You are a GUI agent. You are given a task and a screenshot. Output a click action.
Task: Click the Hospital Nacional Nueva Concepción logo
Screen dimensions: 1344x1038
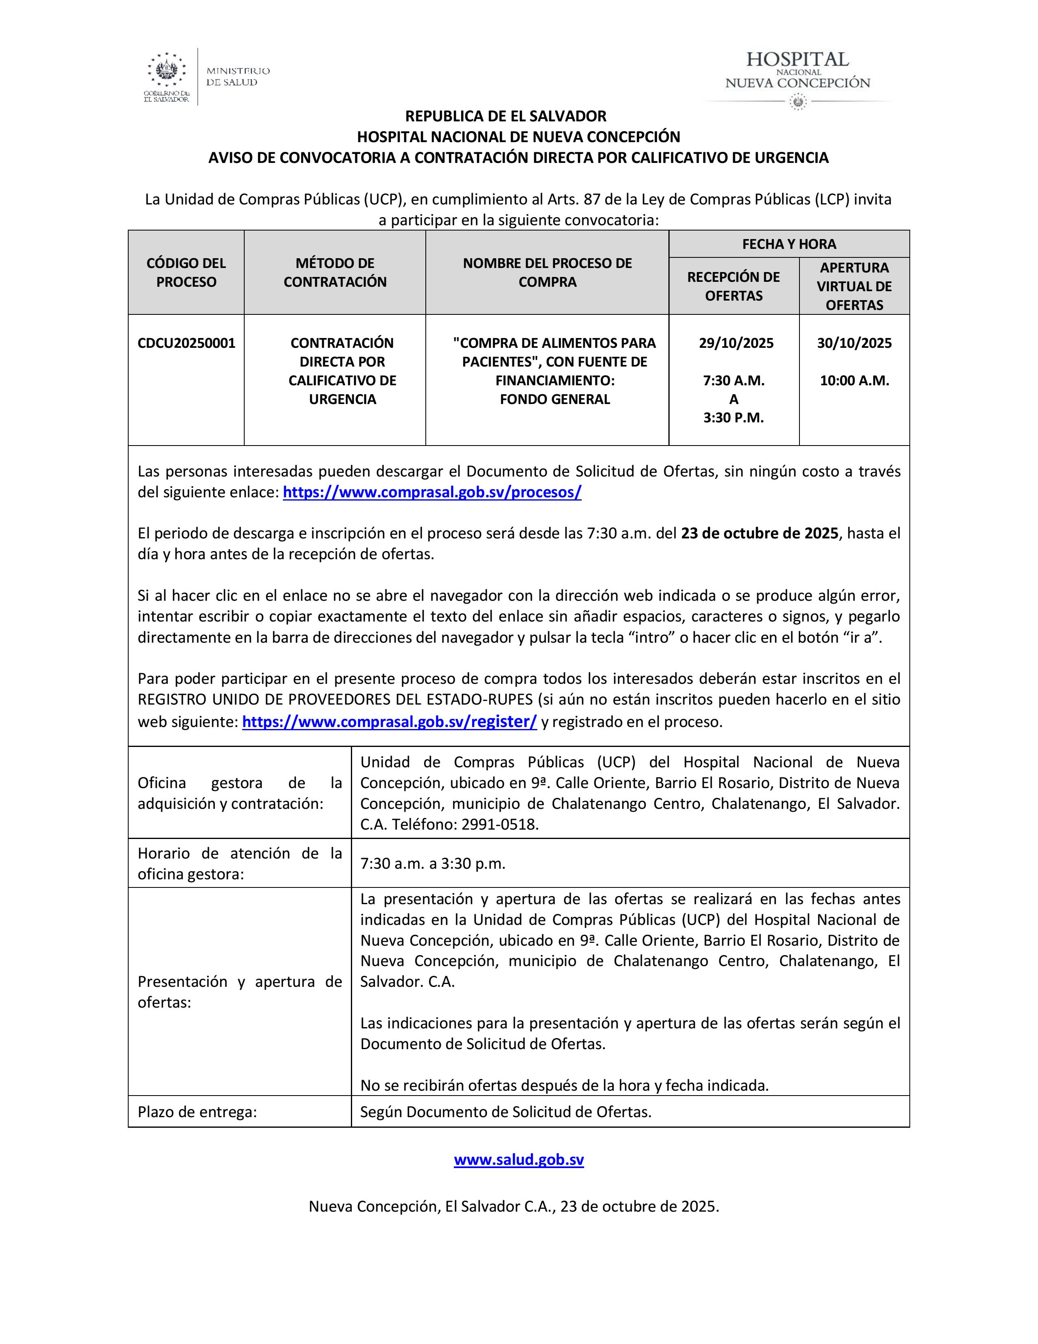pyautogui.click(x=797, y=77)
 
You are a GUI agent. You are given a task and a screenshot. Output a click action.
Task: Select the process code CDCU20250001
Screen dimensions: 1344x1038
pyautogui.click(x=186, y=343)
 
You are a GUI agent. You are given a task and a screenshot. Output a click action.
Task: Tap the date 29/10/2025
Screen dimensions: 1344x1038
pyautogui.click(x=736, y=343)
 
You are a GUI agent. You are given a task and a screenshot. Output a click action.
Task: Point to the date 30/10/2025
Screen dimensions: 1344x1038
pyautogui.click(x=854, y=343)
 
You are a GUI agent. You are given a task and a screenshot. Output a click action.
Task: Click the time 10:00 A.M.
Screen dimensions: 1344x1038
pyautogui.click(x=854, y=380)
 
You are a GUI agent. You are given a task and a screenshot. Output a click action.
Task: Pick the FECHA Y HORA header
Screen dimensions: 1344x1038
pyautogui.click(x=789, y=244)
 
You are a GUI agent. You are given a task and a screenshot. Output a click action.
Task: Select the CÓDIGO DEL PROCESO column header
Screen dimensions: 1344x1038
pyautogui.click(x=186, y=272)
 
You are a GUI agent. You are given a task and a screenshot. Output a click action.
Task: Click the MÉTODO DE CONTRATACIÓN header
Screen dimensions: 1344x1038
pyautogui.click(x=335, y=272)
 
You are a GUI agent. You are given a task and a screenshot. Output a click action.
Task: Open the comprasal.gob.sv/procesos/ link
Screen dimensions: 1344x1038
pyautogui.click(x=431, y=492)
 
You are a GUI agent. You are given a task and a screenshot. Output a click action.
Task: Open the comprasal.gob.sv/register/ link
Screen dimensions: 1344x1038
pyautogui.click(x=389, y=721)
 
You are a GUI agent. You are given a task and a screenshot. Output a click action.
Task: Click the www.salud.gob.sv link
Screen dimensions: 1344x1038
pyautogui.click(x=518, y=1160)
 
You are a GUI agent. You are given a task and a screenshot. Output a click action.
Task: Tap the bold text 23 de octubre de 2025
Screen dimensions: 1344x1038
pyautogui.click(x=760, y=533)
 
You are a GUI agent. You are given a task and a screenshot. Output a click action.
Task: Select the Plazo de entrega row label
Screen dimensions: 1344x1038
pyautogui.click(x=197, y=1111)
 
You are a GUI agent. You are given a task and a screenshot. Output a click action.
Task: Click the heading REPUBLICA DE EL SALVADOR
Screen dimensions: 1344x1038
pyautogui.click(x=506, y=116)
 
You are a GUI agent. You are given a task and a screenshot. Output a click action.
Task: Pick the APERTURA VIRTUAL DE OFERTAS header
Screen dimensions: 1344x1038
pyautogui.click(x=854, y=286)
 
